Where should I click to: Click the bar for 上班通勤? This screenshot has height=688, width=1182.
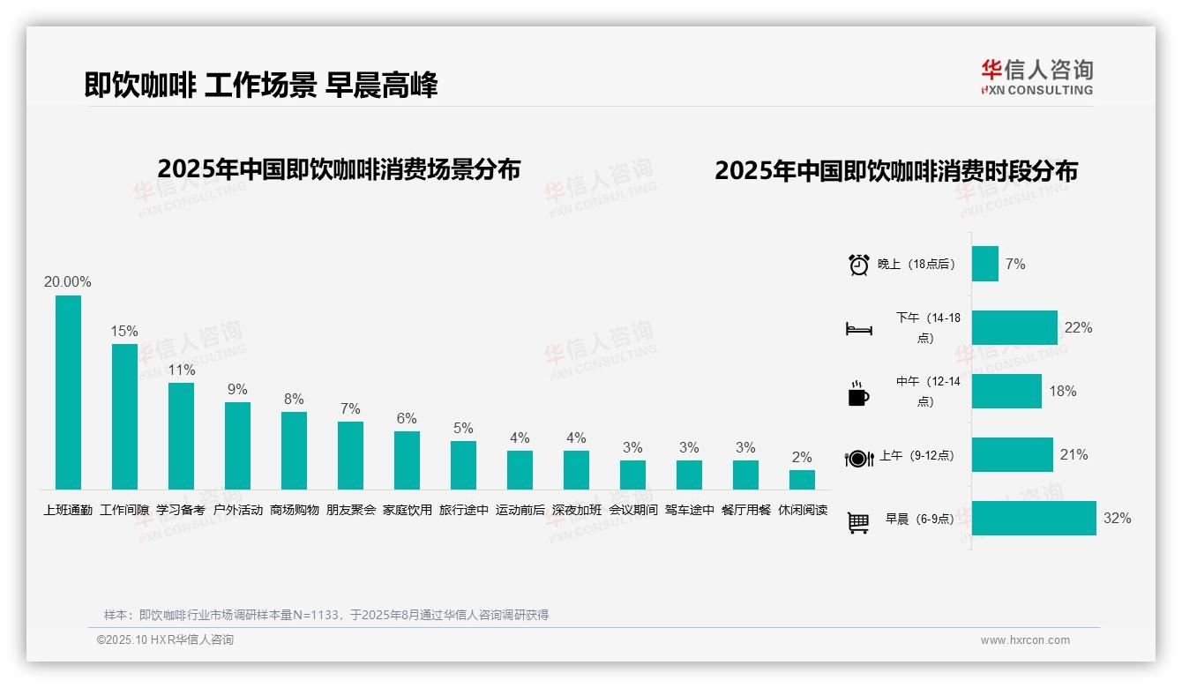68,393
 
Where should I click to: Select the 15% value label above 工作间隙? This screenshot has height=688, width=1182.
124,332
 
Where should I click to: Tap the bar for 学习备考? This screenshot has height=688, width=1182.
181,436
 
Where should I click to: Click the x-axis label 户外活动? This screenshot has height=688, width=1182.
238,510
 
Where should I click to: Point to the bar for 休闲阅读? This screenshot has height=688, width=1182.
802,480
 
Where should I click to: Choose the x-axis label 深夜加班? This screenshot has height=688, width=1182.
577,510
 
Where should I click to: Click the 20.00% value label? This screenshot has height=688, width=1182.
68,282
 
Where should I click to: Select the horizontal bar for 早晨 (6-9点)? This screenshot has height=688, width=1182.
1034,519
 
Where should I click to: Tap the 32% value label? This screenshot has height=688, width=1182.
1117,519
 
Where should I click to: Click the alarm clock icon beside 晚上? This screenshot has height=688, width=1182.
859,265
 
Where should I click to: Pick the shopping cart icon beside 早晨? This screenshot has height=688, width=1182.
858,523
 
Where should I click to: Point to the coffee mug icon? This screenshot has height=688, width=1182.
858,393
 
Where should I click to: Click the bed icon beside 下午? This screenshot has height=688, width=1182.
858,329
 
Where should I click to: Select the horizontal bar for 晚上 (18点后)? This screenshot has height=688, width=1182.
985,264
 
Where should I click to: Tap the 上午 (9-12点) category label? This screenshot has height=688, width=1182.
916,456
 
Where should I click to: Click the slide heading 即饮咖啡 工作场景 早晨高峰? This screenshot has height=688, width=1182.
261,85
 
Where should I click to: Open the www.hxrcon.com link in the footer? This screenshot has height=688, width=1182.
1025,640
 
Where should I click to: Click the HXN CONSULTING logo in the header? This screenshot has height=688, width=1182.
1036,78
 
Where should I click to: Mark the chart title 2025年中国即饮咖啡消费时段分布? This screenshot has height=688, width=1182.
896,171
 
